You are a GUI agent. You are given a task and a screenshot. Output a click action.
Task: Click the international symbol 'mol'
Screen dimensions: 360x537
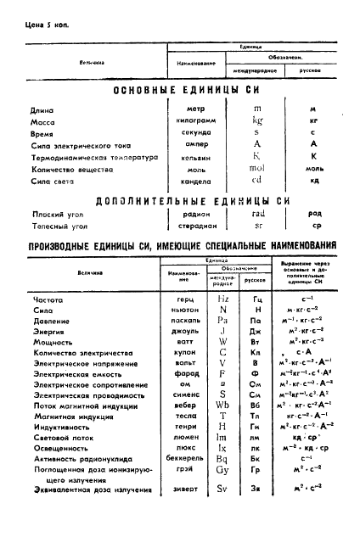click(257, 168)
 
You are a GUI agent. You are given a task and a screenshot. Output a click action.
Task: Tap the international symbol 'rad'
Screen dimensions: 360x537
click(258, 215)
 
